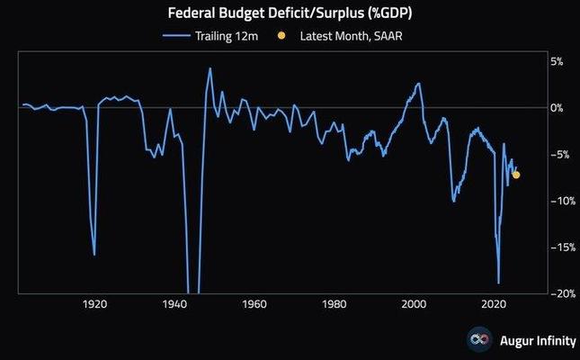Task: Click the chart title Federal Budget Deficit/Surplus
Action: pos(290,14)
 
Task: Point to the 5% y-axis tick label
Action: pos(557,61)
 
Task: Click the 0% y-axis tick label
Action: pos(557,108)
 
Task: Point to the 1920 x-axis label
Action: pos(94,304)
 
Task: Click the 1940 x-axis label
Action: pos(174,304)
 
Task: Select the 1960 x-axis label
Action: pos(254,304)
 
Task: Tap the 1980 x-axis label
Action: pos(335,304)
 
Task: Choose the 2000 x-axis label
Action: pos(415,304)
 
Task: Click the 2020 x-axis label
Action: pos(495,304)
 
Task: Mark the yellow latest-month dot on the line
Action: pos(516,175)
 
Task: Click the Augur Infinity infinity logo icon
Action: pos(478,339)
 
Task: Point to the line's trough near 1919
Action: pos(94,255)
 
